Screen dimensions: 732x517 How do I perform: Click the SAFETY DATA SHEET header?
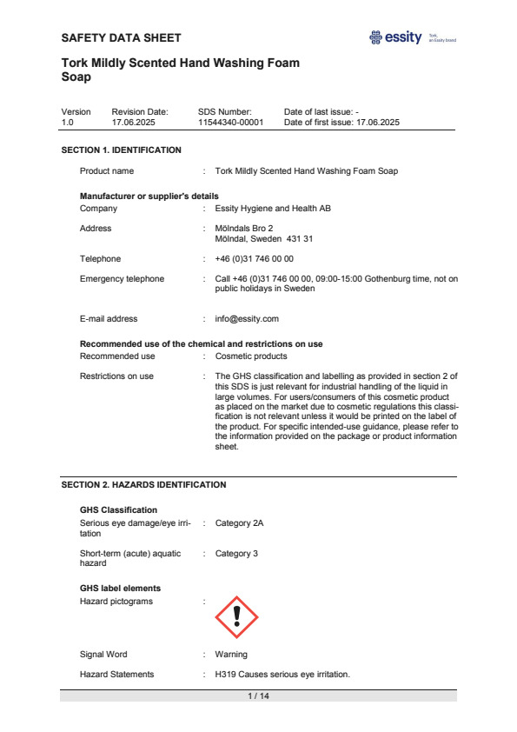[x=122, y=37]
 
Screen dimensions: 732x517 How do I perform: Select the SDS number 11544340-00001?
[x=230, y=123]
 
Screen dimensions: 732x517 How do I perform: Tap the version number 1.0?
[x=67, y=123]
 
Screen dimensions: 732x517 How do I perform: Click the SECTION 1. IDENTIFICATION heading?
[x=122, y=150]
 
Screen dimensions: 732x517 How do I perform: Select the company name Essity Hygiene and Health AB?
[x=273, y=209]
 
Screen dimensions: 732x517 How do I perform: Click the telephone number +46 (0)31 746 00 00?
[x=255, y=259]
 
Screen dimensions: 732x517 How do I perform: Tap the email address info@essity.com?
[x=247, y=319]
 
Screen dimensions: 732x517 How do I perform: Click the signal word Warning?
[x=231, y=655]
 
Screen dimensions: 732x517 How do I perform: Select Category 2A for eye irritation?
[x=239, y=523]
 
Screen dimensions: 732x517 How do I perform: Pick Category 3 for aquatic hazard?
[x=236, y=554]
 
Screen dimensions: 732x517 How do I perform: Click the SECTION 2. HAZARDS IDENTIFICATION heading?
[x=144, y=484]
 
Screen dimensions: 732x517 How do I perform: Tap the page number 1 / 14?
[x=258, y=696]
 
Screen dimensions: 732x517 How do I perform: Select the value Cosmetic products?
[x=251, y=356]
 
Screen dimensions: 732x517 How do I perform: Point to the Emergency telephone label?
[x=122, y=279]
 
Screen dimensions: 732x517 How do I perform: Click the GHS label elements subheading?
[x=120, y=589]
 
